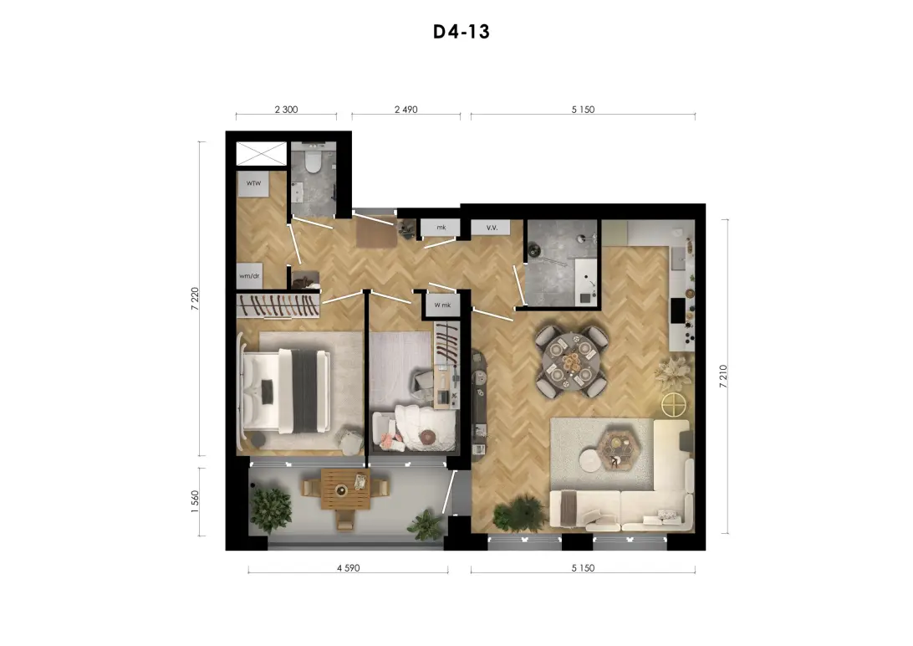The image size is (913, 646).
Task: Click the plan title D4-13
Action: (x=462, y=32)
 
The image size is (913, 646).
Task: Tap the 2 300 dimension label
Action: (x=286, y=110)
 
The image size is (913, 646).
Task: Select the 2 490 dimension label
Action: (x=405, y=110)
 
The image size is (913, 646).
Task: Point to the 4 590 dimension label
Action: (x=348, y=568)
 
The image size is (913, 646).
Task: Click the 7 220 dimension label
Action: (x=195, y=299)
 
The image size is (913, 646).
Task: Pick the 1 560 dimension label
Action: (x=195, y=501)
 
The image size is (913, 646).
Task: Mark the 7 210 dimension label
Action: (x=723, y=377)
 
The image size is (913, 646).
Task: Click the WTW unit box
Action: (x=253, y=183)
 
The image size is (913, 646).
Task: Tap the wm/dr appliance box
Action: (x=249, y=275)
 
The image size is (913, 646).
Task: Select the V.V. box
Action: (x=491, y=227)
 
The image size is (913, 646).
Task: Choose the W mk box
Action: (x=442, y=305)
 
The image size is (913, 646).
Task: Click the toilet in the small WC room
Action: (x=313, y=162)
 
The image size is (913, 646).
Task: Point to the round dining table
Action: (x=570, y=362)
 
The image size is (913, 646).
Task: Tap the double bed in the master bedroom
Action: (x=286, y=391)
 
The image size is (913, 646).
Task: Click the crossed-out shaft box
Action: (x=262, y=154)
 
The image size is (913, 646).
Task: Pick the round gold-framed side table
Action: (x=674, y=405)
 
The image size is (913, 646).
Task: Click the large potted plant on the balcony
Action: (x=271, y=510)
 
